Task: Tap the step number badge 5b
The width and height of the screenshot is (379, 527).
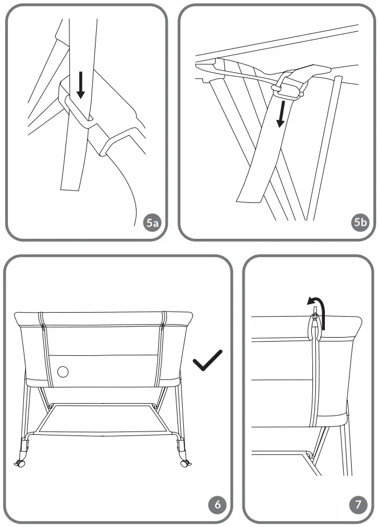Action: coord(359,223)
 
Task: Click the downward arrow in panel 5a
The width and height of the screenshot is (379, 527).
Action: coord(81,85)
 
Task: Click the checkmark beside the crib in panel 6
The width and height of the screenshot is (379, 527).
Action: coord(208,362)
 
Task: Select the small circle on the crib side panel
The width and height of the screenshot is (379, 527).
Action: coord(63,372)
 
